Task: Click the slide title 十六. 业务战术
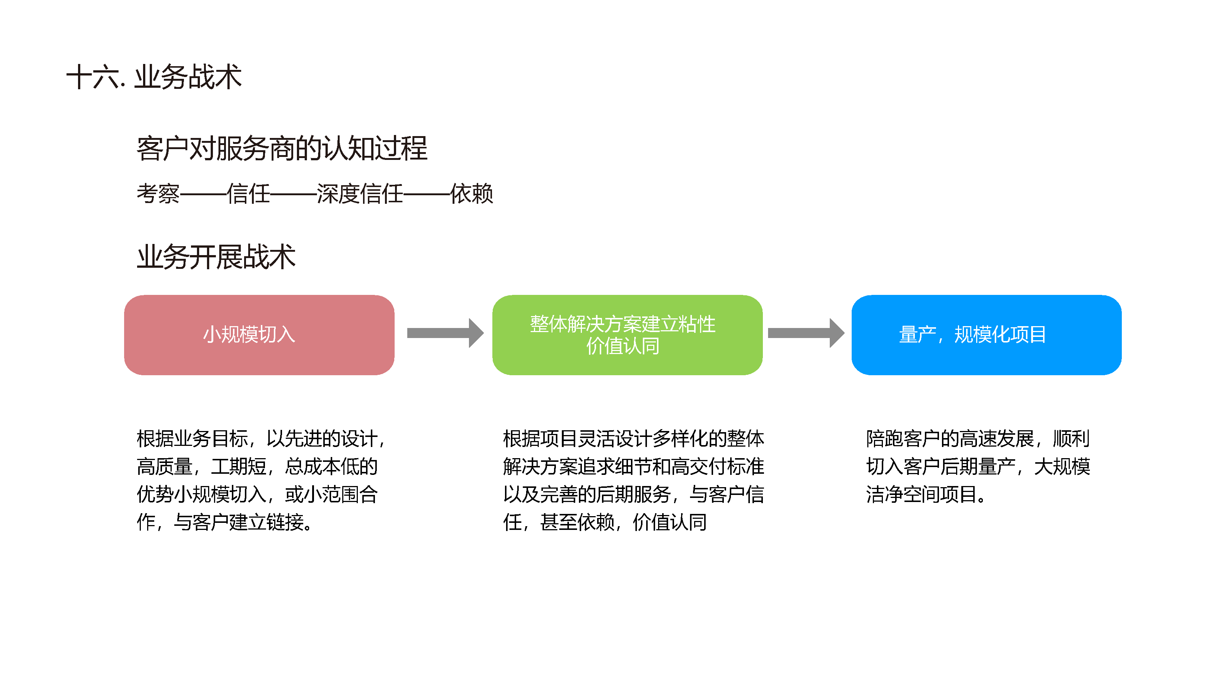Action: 154,77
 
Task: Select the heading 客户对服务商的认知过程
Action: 282,149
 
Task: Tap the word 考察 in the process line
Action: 158,194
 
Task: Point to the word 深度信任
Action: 360,194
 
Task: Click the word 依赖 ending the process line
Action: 472,194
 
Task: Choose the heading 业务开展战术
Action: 216,257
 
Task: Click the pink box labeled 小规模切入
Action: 259,335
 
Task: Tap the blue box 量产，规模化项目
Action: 986,335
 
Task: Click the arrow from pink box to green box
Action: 445,333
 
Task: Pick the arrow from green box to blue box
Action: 806,333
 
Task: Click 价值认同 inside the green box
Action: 622,346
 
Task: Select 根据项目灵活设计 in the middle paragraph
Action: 577,439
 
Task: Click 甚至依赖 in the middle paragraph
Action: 577,522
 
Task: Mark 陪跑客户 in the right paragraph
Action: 903,439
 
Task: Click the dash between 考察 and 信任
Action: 203,194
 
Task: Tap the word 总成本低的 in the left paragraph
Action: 331,467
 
